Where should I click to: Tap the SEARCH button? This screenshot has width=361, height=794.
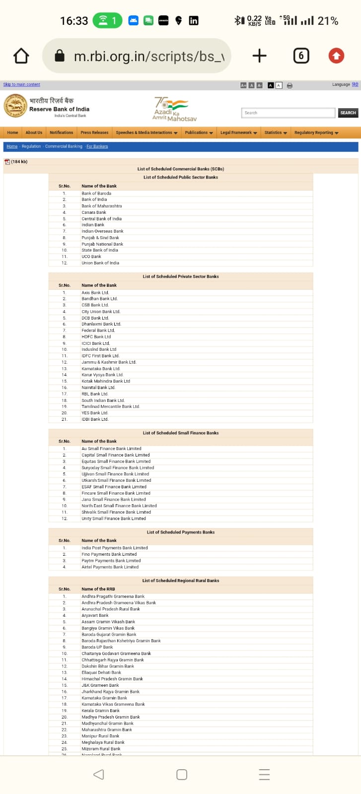tap(348, 113)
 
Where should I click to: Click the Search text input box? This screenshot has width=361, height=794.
tap(288, 113)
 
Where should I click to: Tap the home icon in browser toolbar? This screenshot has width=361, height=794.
tap(21, 56)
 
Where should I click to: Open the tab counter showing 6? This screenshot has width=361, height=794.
tap(301, 56)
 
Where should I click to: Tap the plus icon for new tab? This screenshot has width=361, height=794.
tap(259, 56)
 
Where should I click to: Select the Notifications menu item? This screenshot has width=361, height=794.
tap(61, 132)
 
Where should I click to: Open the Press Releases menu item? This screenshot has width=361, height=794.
tap(94, 132)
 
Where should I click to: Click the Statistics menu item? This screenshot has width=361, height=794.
tap(276, 132)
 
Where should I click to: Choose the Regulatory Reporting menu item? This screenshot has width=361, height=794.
tap(316, 132)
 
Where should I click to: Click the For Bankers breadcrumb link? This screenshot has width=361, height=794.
tap(97, 146)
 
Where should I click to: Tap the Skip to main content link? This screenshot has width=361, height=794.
tap(21, 84)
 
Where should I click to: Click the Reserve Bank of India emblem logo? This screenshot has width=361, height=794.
tap(15, 106)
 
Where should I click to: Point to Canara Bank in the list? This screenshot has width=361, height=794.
tap(94, 212)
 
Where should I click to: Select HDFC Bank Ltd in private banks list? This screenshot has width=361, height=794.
tap(96, 336)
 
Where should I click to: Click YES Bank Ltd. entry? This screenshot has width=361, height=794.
tap(95, 413)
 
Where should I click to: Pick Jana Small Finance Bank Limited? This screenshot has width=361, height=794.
tap(114, 499)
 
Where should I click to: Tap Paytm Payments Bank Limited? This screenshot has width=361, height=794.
tap(111, 561)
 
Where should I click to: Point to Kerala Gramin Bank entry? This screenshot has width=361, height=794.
tap(101, 711)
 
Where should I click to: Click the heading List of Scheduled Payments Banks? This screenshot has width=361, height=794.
tap(181, 532)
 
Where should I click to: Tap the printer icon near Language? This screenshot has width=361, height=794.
tap(289, 85)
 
